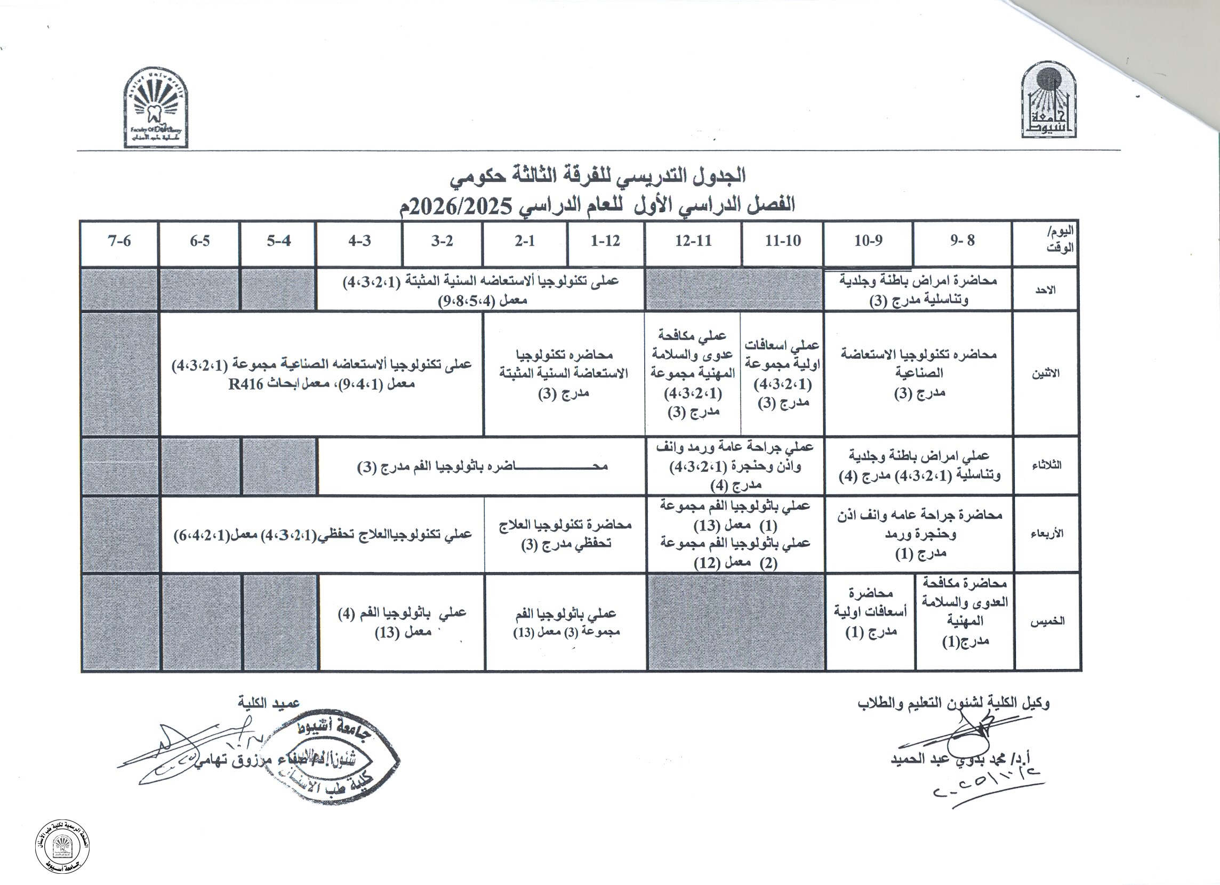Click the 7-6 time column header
[x=119, y=242]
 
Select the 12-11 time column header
[x=693, y=242]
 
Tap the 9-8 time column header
[x=962, y=241]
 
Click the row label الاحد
[x=1045, y=290]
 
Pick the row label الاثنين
[x=1045, y=373]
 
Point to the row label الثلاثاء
[x=1046, y=466]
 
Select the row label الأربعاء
[x=1046, y=534]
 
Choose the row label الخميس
[x=1047, y=622]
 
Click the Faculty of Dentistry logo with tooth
[x=156, y=108]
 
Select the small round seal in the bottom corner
[x=62, y=848]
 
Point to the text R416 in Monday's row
[x=246, y=385]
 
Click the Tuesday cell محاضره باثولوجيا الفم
[x=482, y=466]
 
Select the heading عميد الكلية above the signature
[x=269, y=703]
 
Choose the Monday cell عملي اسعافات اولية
[x=782, y=373]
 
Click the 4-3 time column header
[x=359, y=242]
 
